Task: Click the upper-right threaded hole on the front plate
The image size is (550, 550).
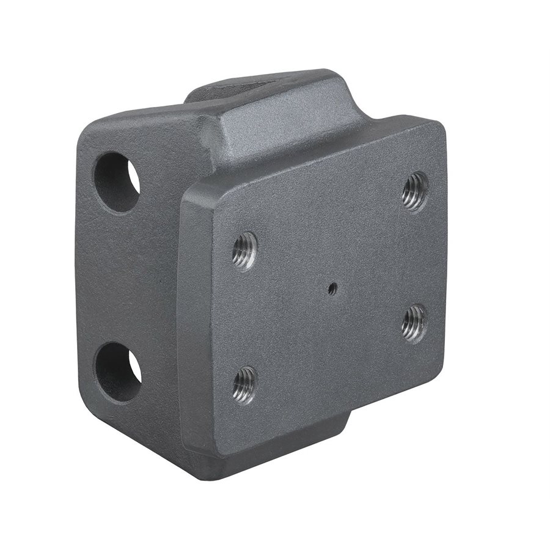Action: (415, 191)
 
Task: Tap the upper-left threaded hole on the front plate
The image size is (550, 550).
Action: (244, 251)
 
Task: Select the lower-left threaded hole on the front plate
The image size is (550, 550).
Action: (244, 385)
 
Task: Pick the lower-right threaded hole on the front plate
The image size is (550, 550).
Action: (414, 323)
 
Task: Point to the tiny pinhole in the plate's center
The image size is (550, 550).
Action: (331, 289)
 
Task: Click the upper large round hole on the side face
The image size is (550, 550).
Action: (116, 182)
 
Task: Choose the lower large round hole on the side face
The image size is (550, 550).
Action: (117, 372)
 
